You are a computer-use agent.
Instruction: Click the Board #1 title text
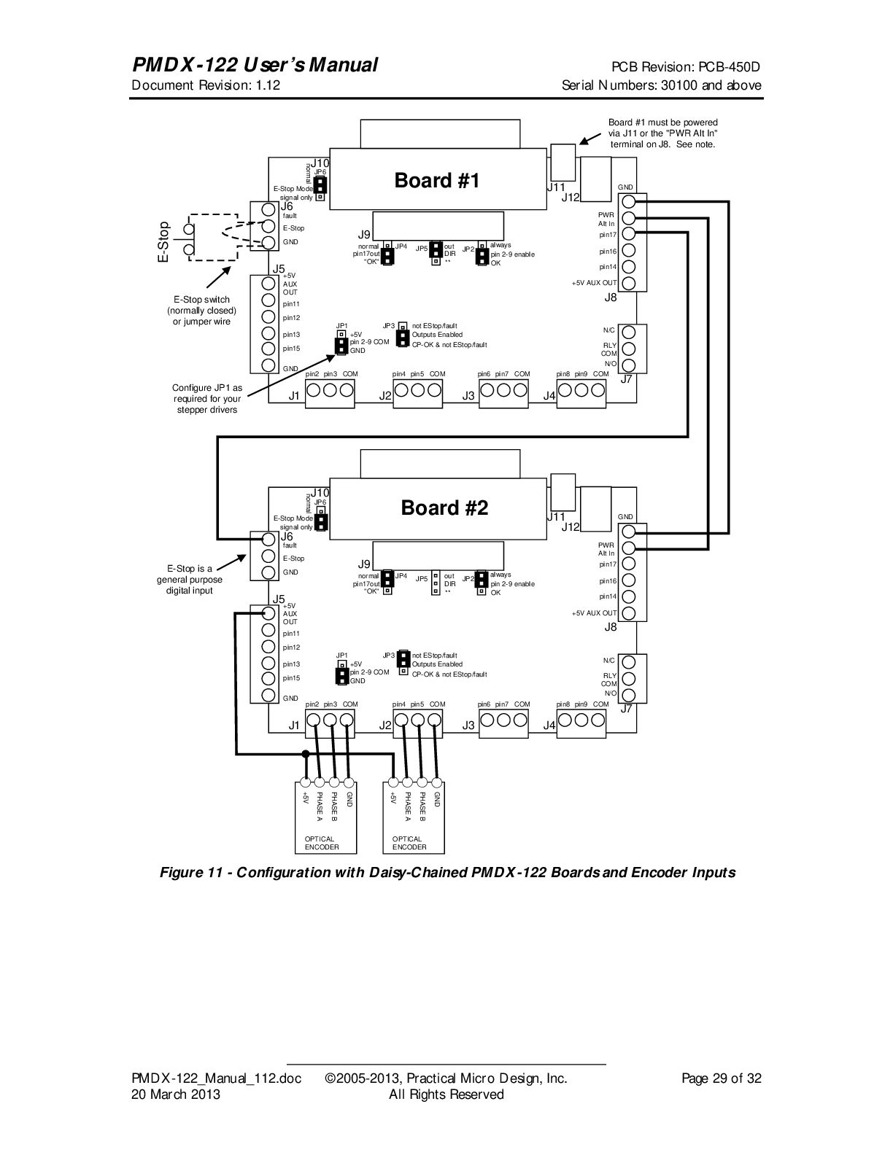437,181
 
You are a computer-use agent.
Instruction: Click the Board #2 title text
444,507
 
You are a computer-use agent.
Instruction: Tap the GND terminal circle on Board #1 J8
628,201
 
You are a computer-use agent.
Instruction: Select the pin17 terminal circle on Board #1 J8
628,233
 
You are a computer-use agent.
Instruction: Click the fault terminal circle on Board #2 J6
268,539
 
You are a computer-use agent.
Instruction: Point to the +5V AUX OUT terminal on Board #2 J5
268,612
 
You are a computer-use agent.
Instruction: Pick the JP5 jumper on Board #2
436,583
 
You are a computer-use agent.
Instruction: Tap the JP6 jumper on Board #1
320,188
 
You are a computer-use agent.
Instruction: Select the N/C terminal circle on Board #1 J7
628,332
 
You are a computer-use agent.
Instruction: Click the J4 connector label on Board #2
549,726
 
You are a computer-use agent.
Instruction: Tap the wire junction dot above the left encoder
305,753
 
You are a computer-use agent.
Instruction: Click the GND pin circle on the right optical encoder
437,782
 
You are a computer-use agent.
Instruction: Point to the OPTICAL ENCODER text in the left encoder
321,843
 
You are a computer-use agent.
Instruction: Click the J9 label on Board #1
364,234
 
